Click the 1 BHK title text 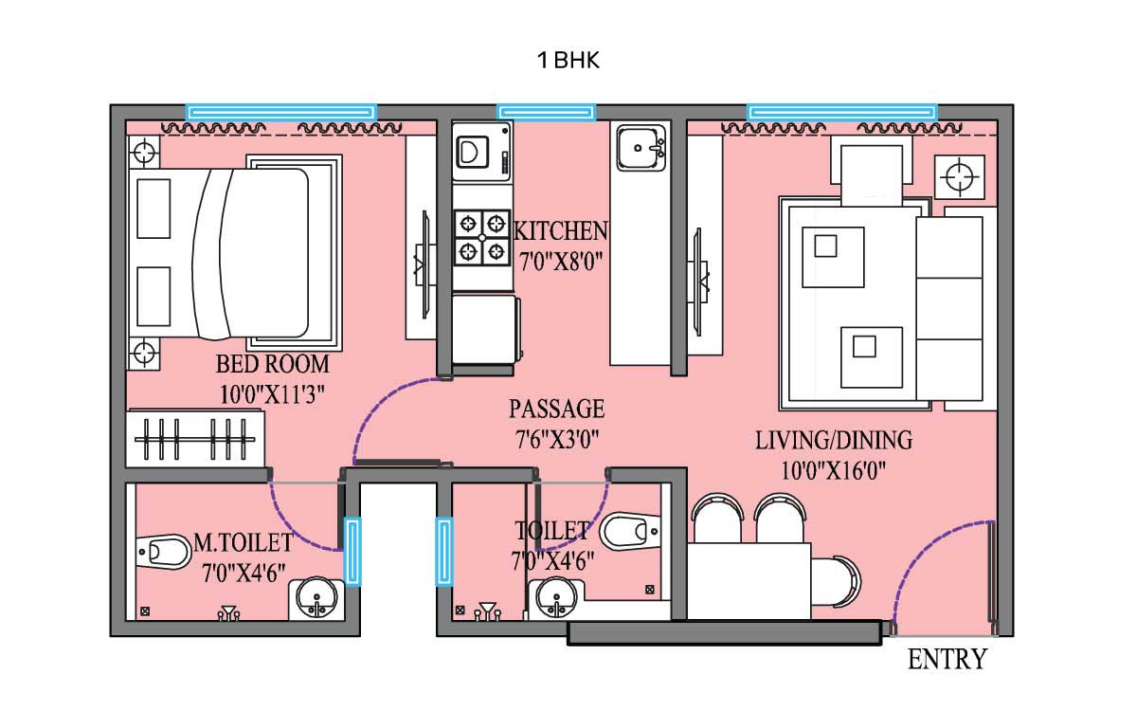tap(568, 61)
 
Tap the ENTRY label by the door tap(947, 659)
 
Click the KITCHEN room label tap(560, 230)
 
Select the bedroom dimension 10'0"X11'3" tap(272, 395)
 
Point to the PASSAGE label tap(556, 410)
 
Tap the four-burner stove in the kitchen tap(481, 237)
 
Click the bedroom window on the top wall tap(280, 112)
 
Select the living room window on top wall tap(841, 112)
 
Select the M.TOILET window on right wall tap(352, 550)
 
